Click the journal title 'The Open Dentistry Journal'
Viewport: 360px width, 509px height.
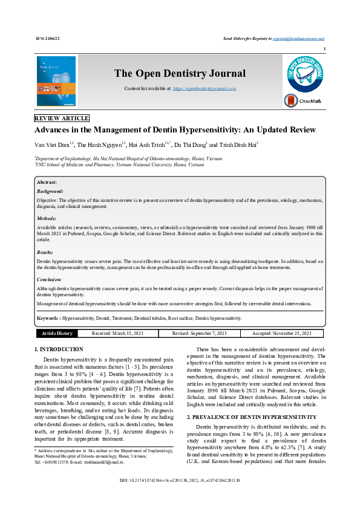pyautogui.click(x=180, y=74)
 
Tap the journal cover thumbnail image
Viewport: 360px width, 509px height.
pyautogui.click(x=56, y=81)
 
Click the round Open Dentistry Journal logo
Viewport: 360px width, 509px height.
pyautogui.click(x=303, y=74)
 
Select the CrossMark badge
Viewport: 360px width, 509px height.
pyautogui.click(x=303, y=101)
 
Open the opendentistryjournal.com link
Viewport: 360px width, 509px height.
pyautogui.click(x=205, y=88)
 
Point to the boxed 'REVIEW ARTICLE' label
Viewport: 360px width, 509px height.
pyautogui.click(x=62, y=118)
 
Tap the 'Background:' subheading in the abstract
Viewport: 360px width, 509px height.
pyautogui.click(x=50, y=190)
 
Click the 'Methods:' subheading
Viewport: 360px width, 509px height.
pyautogui.click(x=47, y=218)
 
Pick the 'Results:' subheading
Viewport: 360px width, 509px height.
pyautogui.click(x=45, y=251)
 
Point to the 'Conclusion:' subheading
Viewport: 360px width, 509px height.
pyautogui.click(x=49, y=279)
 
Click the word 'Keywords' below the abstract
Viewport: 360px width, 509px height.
pyautogui.click(x=48, y=317)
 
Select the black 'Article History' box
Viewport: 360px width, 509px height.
pyautogui.click(x=57, y=333)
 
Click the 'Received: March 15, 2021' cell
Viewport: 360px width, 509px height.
pyautogui.click(x=118, y=333)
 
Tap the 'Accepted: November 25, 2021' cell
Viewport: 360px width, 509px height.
pyautogui.click(x=282, y=333)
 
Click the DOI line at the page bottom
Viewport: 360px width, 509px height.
pyautogui.click(x=180, y=496)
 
